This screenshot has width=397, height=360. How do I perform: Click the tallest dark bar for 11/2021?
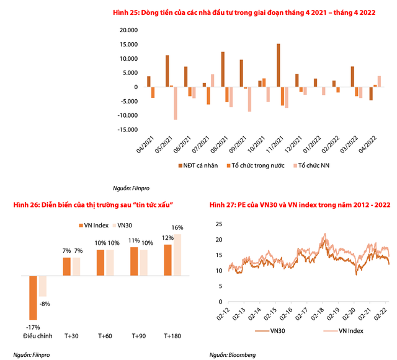(x=279, y=66)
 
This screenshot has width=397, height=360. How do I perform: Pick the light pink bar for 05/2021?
(x=176, y=103)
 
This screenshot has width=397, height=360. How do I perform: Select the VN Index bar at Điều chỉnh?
(x=33, y=297)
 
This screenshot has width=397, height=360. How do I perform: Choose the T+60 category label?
(x=105, y=335)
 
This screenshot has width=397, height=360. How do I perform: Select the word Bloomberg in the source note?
(x=242, y=354)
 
